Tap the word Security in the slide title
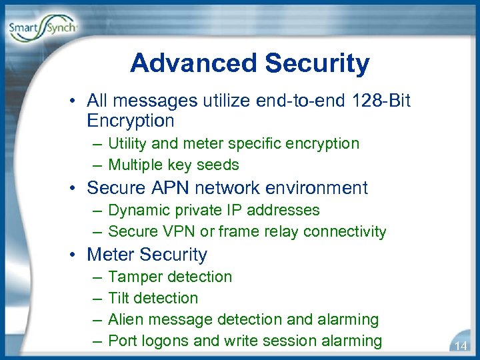[317, 63]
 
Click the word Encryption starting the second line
[131, 121]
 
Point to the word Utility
[127, 143]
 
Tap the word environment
[311, 188]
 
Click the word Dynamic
[137, 210]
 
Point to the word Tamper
[135, 277]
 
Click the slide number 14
[461, 345]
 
